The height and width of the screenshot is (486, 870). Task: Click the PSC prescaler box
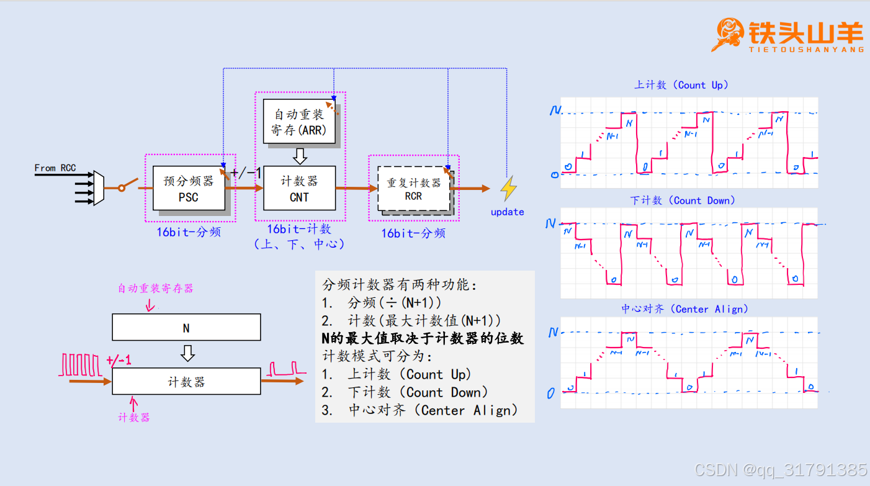188,188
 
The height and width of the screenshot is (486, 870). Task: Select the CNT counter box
299,188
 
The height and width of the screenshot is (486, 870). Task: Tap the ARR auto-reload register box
298,122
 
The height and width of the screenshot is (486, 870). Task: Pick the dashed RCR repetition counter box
413,189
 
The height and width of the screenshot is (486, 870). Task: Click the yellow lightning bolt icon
509,189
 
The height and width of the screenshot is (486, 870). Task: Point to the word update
507,212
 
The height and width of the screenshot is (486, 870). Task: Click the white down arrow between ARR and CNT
300,155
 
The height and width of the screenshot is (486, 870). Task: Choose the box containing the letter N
186,327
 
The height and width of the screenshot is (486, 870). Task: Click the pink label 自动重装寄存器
156,289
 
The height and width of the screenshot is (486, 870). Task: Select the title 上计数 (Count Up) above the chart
681,85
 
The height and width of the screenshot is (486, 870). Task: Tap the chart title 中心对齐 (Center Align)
684,308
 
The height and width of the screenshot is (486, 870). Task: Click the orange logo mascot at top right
730,34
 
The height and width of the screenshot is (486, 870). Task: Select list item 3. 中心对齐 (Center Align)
419,410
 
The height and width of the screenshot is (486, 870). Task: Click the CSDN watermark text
781,470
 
